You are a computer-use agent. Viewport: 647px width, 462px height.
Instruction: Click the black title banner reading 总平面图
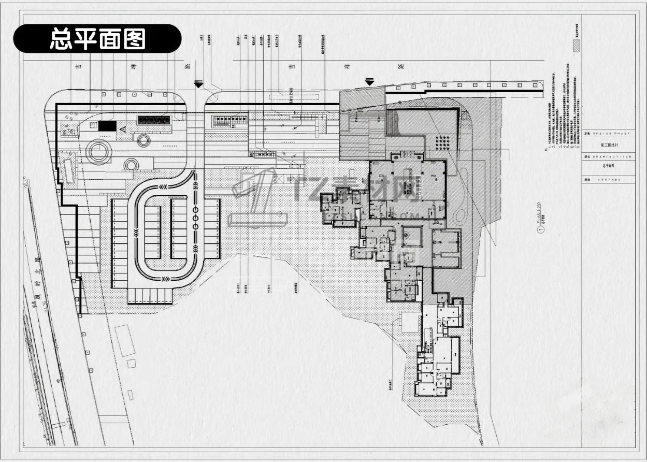pyautogui.click(x=97, y=39)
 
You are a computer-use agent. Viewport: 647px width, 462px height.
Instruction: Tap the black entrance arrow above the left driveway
pyautogui.click(x=198, y=84)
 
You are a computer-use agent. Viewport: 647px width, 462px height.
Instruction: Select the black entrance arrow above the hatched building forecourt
pyautogui.click(x=369, y=81)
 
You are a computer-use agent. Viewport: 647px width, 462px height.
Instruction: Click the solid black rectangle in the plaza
pyautogui.click(x=108, y=125)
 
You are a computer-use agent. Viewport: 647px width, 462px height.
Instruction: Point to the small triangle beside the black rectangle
pyautogui.click(x=123, y=128)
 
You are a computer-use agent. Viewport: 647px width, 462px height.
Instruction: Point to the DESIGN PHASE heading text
pyautogui.click(x=610, y=134)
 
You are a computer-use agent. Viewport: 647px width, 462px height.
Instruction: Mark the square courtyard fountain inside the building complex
pyautogui.click(x=409, y=236)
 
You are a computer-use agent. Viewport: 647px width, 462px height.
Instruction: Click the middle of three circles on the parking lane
pyautogui.click(x=195, y=218)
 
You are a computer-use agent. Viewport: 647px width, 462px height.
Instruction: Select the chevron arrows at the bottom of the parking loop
pyautogui.click(x=164, y=279)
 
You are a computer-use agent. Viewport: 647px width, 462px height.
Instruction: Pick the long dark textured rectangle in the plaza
pyautogui.click(x=153, y=120)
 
